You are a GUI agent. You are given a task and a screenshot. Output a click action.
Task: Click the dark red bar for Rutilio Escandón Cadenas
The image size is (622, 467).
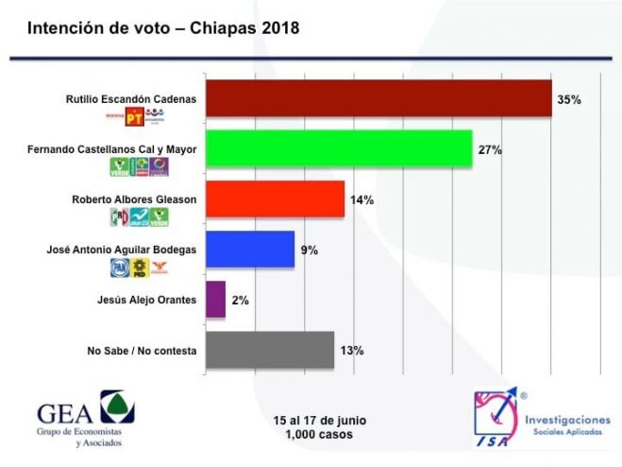pyautogui.click(x=378, y=98)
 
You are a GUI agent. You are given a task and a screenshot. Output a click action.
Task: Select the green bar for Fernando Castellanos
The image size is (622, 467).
pyautogui.click(x=338, y=149)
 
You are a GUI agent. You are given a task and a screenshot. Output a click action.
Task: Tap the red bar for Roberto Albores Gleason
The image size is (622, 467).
pyautogui.click(x=275, y=199)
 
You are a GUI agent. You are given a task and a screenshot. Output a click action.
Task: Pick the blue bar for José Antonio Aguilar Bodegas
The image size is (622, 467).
pyautogui.click(x=249, y=250)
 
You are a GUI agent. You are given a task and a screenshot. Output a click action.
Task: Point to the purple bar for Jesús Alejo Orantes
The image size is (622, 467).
pyautogui.click(x=215, y=300)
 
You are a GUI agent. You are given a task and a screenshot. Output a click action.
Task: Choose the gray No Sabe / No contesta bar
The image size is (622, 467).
pyautogui.click(x=269, y=350)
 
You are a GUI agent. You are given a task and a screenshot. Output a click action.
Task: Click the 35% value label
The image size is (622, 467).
pyautogui.click(x=569, y=99)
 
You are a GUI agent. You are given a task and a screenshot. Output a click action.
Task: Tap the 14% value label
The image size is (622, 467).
pyautogui.click(x=361, y=199)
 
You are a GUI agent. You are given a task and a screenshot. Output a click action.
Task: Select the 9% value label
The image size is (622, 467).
pyautogui.click(x=310, y=251)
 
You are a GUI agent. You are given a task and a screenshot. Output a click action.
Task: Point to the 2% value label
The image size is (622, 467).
pyautogui.click(x=241, y=301)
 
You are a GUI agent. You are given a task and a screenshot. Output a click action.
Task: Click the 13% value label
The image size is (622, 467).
pyautogui.click(x=351, y=351)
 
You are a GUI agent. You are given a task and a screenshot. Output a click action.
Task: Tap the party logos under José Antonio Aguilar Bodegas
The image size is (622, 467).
pyautogui.click(x=139, y=268)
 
